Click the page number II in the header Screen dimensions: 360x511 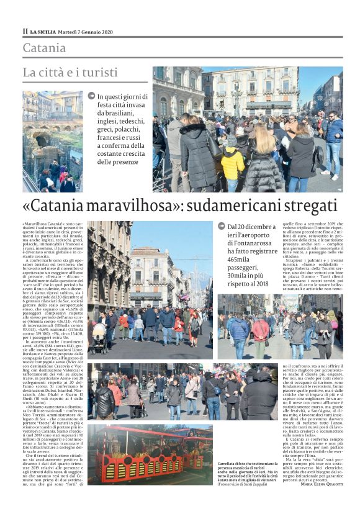(25, 31)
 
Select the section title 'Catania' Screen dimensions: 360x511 (44, 48)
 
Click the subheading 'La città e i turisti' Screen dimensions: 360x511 (70, 72)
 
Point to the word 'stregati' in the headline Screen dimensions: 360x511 (306, 206)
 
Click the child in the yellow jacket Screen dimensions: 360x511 (233, 164)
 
